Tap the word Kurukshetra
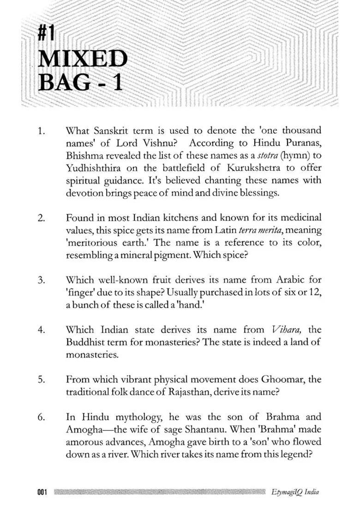click(235, 168)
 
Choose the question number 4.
click(42, 330)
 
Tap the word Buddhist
click(87, 342)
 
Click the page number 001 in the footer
click(42, 492)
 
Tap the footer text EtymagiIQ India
click(295, 492)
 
